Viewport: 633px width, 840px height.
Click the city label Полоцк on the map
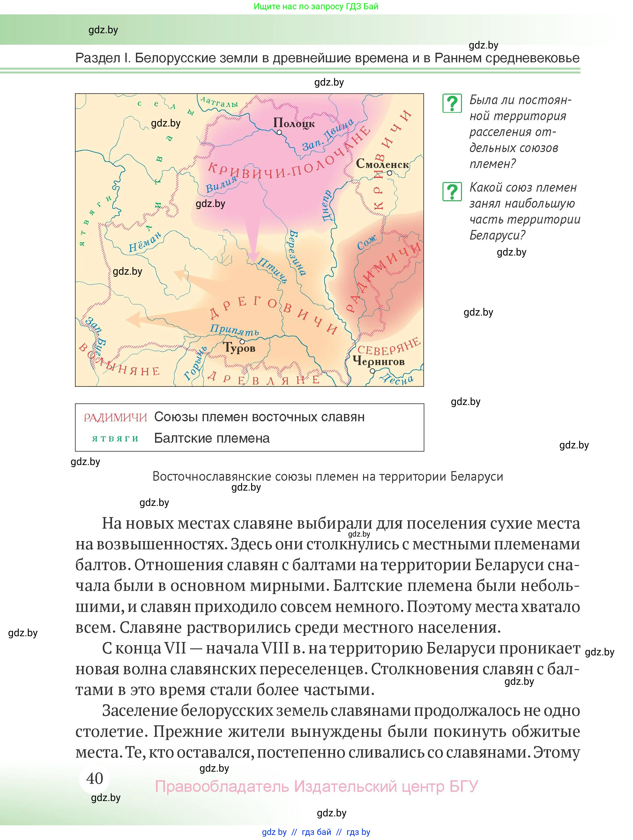point(294,123)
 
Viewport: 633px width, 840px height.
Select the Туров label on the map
point(239,347)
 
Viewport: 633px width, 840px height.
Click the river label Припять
point(235,330)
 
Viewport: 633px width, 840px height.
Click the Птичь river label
point(272,270)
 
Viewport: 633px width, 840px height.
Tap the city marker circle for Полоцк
point(279,133)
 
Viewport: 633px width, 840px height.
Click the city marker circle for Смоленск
point(389,173)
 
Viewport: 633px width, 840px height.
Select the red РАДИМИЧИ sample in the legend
point(115,417)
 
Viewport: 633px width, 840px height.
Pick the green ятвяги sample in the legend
point(115,439)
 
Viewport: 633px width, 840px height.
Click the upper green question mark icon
point(452,103)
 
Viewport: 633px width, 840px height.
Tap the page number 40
point(94,778)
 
